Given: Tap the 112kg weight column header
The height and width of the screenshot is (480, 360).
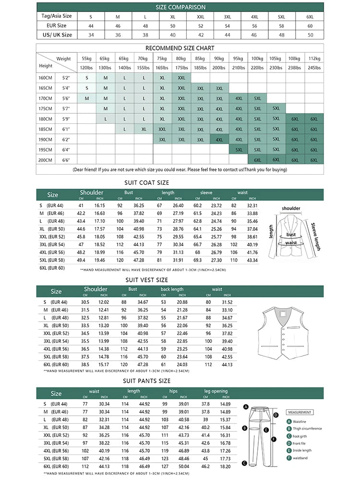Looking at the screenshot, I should [314, 58].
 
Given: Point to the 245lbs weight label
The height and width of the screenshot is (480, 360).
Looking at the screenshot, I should [314, 68].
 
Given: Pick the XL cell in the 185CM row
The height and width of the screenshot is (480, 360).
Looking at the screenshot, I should [144, 129].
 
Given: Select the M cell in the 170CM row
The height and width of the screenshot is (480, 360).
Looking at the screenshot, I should [87, 98].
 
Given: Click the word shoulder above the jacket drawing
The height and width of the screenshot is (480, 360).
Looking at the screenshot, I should [291, 208].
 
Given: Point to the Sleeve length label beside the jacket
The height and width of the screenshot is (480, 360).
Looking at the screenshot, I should [315, 236].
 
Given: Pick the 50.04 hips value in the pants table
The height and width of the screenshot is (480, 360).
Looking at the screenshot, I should [184, 466].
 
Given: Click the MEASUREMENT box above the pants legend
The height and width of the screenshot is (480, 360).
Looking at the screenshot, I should [300, 412].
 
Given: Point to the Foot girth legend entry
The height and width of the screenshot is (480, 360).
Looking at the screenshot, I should [300, 436].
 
